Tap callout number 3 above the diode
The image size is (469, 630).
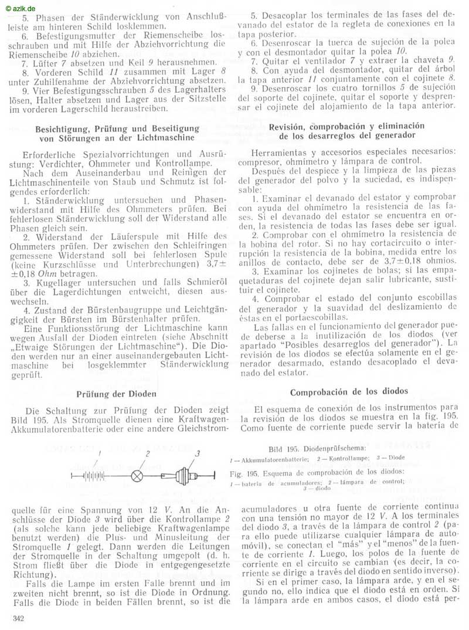point(198,453)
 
